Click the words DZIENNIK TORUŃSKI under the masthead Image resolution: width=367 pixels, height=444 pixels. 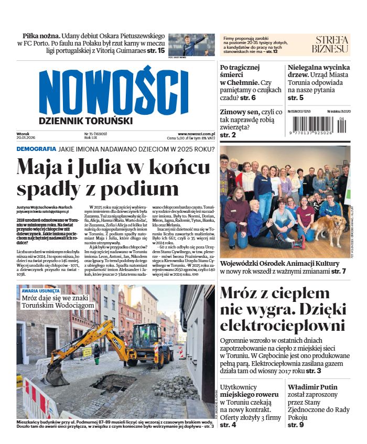tap(85, 121)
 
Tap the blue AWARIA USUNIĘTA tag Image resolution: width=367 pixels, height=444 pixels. tap(41, 290)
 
